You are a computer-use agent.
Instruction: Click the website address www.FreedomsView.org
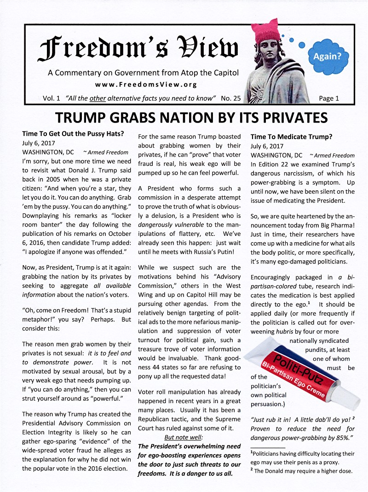[x=146, y=84]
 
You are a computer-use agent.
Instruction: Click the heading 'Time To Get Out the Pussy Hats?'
[x=73, y=134]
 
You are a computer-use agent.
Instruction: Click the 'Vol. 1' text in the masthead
[x=52, y=98]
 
